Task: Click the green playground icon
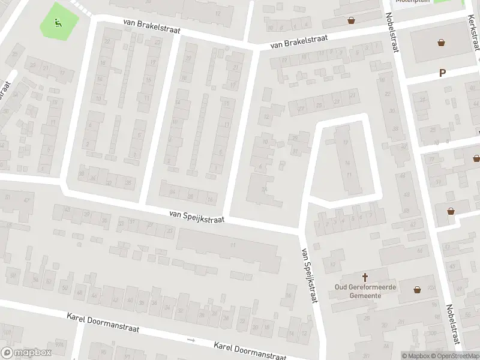pyautogui.click(x=58, y=23)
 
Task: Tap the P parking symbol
pyautogui.click(x=443, y=73)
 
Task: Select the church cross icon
pyautogui.click(x=365, y=277)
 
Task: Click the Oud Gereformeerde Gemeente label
pyautogui.click(x=365, y=291)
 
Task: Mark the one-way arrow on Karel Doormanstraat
pyautogui.click(x=191, y=340)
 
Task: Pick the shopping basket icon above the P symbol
pyautogui.click(x=442, y=43)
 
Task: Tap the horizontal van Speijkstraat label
pyautogui.click(x=197, y=216)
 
